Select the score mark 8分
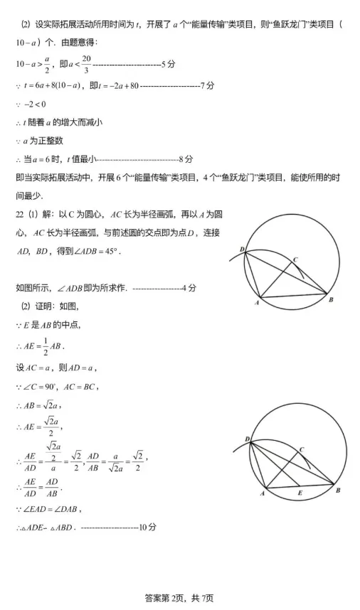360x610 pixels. click(186, 159)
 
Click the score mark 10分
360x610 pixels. click(147, 527)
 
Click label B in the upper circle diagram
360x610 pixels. click(330, 300)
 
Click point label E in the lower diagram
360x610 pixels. click(299, 492)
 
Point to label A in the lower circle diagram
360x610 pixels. click(263, 492)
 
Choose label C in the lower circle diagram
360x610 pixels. click(301, 449)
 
